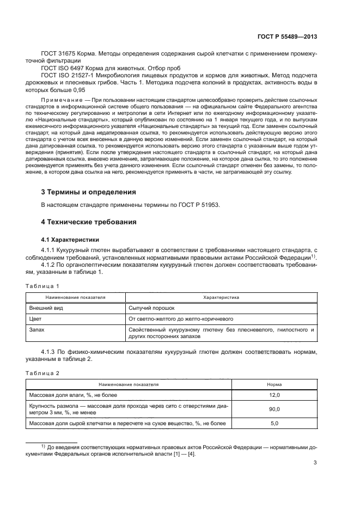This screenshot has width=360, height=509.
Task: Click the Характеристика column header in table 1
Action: tap(221, 298)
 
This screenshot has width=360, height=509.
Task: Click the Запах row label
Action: tap(37, 329)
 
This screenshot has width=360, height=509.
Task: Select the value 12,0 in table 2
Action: tap(274, 395)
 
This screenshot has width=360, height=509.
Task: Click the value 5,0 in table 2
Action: tap(274, 423)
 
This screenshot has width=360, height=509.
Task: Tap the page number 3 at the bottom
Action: tap(315, 463)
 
